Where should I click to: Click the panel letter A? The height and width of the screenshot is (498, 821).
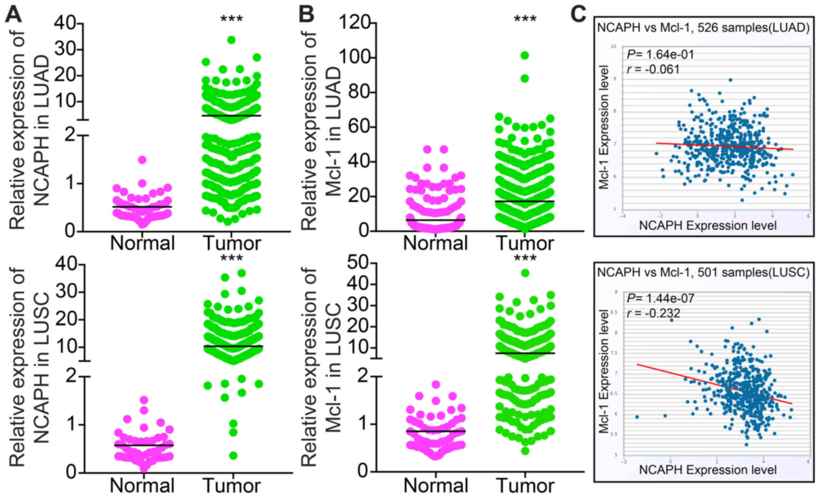click(13, 15)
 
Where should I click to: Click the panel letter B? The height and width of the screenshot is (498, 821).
click(306, 15)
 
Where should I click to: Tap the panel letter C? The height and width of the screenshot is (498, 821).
click(578, 15)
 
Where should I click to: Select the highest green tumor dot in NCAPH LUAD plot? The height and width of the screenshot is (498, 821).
click(231, 40)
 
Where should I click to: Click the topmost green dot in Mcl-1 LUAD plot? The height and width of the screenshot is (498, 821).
click(524, 55)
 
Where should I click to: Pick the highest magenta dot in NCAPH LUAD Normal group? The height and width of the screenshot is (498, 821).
click(142, 160)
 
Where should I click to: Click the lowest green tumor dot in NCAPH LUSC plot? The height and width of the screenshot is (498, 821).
click(233, 456)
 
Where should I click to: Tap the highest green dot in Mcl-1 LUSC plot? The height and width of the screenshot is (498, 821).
click(525, 273)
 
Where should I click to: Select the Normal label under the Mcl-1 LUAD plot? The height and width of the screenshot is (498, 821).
click(435, 243)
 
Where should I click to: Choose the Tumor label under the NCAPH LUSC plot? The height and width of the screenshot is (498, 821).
click(232, 485)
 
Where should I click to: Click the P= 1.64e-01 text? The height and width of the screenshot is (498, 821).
click(660, 54)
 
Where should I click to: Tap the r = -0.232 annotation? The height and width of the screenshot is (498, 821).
click(653, 313)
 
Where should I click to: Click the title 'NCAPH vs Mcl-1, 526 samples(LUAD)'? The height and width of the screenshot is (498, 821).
click(703, 27)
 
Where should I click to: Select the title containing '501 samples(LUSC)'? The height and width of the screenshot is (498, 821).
click(703, 272)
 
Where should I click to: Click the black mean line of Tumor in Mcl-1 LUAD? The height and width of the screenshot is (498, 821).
click(524, 201)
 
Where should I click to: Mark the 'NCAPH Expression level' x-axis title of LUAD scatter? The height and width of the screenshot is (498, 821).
click(707, 225)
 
